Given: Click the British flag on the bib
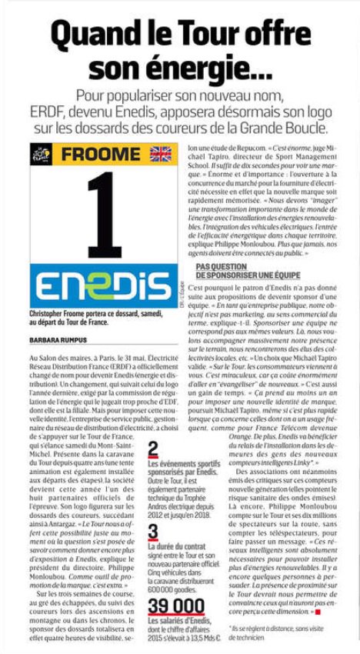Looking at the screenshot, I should [x=161, y=154].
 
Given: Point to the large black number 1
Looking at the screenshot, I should [x=103, y=216].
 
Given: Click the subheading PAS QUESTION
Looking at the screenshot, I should [x=225, y=266].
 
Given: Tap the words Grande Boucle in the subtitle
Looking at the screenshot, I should [x=286, y=128].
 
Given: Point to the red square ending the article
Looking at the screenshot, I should [x=316, y=612].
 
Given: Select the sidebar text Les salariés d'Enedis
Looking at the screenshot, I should [x=178, y=622].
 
